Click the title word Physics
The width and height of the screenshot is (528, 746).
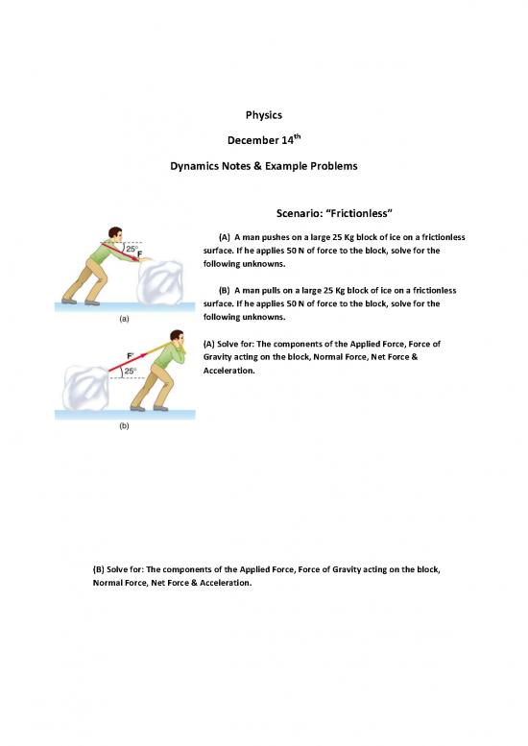click(264, 115)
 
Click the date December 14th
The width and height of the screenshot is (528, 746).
click(264, 140)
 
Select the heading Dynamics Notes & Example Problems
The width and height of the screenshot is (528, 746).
click(264, 166)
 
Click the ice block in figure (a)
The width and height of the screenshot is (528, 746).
click(160, 281)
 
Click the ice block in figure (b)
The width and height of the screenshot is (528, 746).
click(86, 388)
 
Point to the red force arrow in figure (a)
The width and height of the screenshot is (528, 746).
click(120, 253)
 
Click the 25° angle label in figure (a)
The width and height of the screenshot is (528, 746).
click(132, 249)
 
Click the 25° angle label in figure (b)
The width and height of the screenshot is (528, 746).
click(130, 371)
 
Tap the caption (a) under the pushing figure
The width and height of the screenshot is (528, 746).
click(124, 319)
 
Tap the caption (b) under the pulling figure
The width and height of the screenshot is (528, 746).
click(124, 426)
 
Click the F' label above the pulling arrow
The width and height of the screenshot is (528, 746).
click(131, 355)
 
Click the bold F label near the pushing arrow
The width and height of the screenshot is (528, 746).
click(140, 254)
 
